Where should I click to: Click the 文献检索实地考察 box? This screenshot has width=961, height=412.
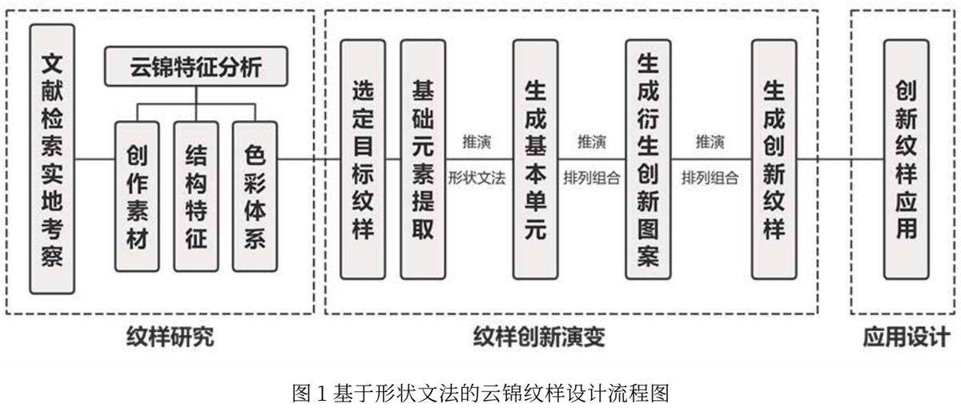(x=52, y=158)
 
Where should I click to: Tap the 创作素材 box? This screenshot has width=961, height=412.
(x=137, y=196)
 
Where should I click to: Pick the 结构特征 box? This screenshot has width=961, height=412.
(x=195, y=196)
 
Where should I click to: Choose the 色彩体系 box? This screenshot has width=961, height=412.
(x=254, y=196)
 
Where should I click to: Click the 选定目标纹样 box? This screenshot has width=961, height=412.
(x=363, y=159)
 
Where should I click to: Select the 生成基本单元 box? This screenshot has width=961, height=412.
(x=535, y=159)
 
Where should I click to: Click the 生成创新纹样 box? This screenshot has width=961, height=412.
(x=774, y=159)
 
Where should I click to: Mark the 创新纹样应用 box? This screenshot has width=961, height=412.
(x=906, y=159)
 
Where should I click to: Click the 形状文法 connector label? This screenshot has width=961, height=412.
(x=476, y=178)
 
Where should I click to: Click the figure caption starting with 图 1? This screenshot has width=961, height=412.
(x=481, y=394)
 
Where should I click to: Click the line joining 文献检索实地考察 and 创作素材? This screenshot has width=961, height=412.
(x=94, y=159)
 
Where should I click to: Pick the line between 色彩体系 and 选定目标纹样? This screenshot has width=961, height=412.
(x=308, y=159)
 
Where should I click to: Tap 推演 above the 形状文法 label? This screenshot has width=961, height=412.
(x=476, y=143)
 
